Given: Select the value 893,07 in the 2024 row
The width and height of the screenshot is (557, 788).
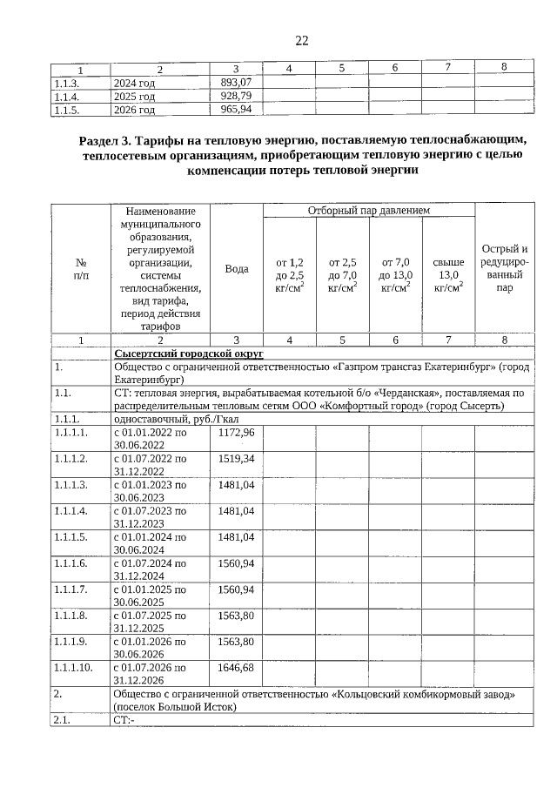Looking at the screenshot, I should [x=235, y=82].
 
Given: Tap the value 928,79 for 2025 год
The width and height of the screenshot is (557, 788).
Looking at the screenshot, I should [x=235, y=96].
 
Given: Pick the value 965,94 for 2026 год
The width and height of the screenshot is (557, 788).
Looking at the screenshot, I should [x=235, y=110].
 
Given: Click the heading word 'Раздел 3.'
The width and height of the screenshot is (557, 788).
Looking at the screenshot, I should [x=106, y=139].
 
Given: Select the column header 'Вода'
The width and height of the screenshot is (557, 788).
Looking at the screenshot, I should [x=236, y=269].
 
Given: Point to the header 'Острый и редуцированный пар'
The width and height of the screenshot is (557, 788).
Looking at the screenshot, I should [x=503, y=268].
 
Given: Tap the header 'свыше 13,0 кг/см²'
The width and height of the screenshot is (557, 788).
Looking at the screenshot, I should [x=448, y=274].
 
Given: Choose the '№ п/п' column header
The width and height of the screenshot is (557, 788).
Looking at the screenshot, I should [x=80, y=269].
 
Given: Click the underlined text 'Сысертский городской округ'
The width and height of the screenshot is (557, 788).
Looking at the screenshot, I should [x=189, y=354].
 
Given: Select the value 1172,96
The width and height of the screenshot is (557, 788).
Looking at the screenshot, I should [x=236, y=433].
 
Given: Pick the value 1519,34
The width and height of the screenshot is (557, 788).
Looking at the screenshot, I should [x=236, y=458].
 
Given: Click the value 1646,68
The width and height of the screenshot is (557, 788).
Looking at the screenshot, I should [x=236, y=667].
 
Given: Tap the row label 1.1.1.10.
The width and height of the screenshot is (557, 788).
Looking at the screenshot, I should [x=74, y=667].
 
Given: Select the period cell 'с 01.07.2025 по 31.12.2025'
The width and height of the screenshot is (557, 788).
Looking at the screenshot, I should [x=150, y=621].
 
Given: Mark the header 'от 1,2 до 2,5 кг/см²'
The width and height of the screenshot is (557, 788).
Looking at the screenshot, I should [x=289, y=274].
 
